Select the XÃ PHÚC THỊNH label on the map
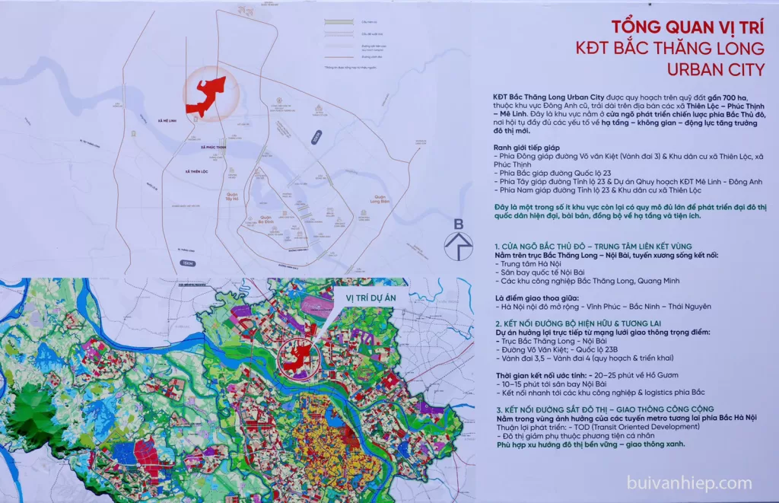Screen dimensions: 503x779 pos(214,147)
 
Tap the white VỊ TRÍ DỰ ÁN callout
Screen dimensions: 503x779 pos(365,298)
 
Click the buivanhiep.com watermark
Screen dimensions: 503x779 pos(689,482)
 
